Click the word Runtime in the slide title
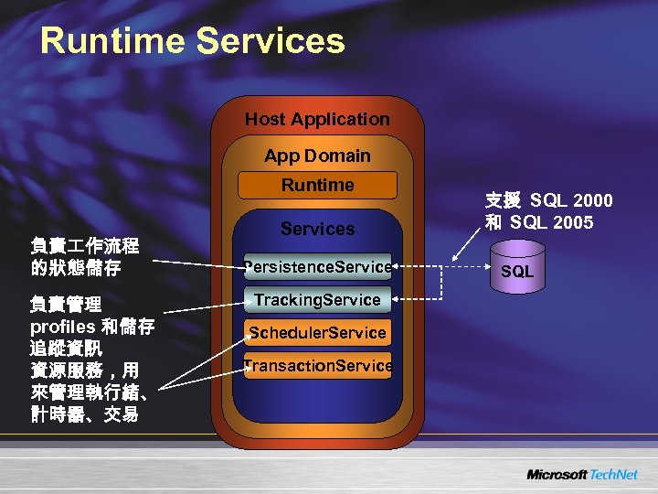(113, 41)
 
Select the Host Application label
(317, 119)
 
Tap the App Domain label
(317, 156)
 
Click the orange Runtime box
(317, 185)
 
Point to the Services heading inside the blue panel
(317, 229)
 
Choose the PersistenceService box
(317, 267)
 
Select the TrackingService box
(317, 300)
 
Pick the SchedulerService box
(317, 333)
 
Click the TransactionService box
(317, 366)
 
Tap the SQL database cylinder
(517, 269)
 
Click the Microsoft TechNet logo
(581, 475)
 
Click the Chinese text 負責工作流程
(85, 245)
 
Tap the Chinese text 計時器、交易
(85, 414)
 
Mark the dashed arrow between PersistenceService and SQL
(443, 267)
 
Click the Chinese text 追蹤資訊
(67, 348)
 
